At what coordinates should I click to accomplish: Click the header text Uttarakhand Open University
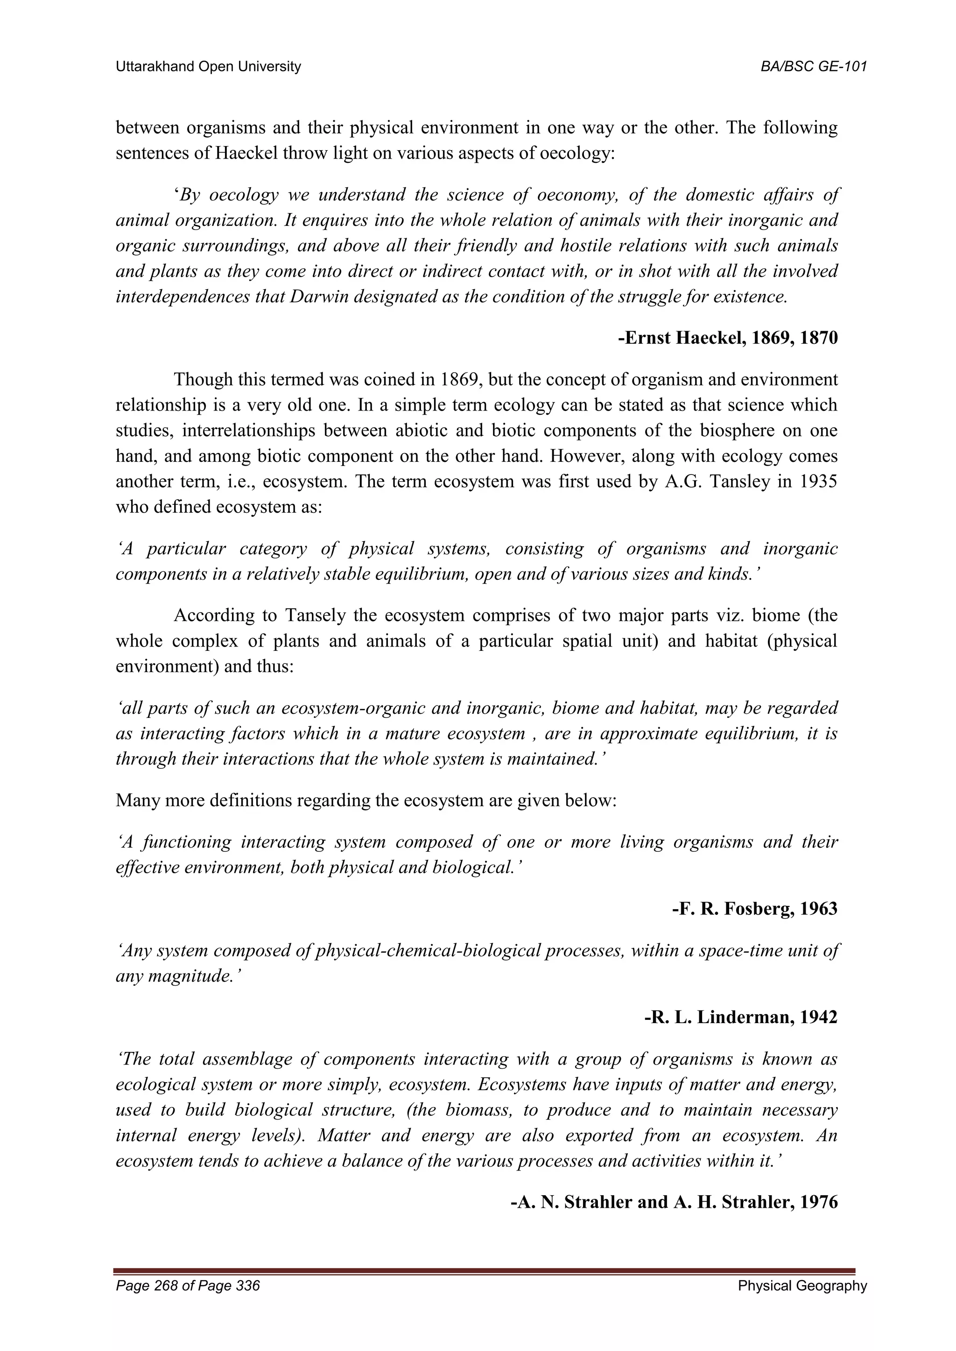pyautogui.click(x=208, y=67)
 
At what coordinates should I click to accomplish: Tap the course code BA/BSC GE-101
pyautogui.click(x=814, y=67)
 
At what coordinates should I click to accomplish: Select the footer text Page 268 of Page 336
pyautogui.click(x=188, y=1286)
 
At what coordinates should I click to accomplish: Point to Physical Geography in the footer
pyautogui.click(x=802, y=1286)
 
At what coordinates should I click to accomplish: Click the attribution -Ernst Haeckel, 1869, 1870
pyautogui.click(x=728, y=338)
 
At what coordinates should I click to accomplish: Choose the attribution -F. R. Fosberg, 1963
pyautogui.click(x=755, y=909)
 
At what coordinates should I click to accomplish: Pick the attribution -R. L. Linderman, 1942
pyautogui.click(x=741, y=1017)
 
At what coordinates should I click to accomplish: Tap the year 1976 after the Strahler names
pyautogui.click(x=818, y=1202)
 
